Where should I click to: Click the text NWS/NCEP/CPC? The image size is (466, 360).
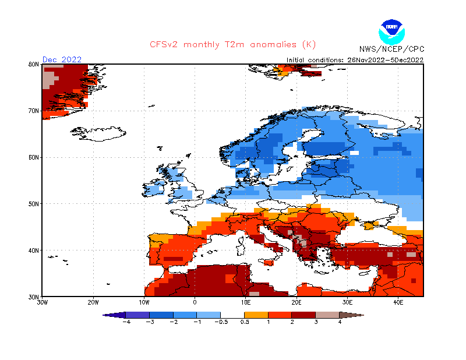click(391, 49)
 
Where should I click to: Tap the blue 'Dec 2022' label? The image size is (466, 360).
click(62, 59)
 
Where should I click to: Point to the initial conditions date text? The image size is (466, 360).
click(355, 59)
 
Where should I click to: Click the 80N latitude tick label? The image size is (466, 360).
click(33, 64)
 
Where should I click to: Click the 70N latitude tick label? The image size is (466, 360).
click(33, 111)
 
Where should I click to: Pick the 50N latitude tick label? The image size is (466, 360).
click(33, 204)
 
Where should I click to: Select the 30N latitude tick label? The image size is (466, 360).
click(33, 297)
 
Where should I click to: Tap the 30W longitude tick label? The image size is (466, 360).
click(43, 303)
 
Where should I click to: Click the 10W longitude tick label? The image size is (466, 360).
click(144, 303)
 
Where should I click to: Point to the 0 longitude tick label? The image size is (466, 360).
click(195, 303)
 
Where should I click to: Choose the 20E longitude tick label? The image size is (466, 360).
click(296, 303)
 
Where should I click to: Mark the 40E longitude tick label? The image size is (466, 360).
click(398, 303)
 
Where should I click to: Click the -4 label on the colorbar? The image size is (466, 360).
click(126, 322)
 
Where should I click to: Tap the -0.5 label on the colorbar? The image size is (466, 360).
click(221, 322)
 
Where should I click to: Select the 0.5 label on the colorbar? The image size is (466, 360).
click(245, 322)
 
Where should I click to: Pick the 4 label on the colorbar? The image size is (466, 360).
click(340, 322)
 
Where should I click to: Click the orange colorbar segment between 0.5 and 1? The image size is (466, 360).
click(257, 315)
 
